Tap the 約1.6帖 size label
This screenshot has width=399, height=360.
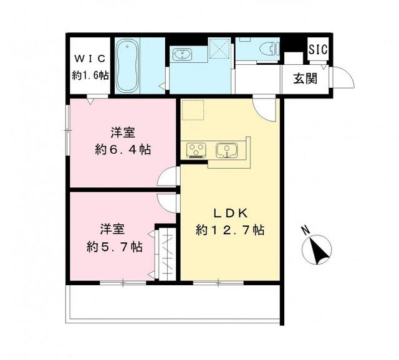tap(90, 75)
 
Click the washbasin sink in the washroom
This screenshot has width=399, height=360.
tap(185, 55)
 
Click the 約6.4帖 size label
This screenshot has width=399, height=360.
tap(123, 150)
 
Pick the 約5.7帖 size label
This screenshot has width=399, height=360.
tap(114, 246)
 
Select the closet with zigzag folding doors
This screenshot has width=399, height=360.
tap(168, 252)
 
